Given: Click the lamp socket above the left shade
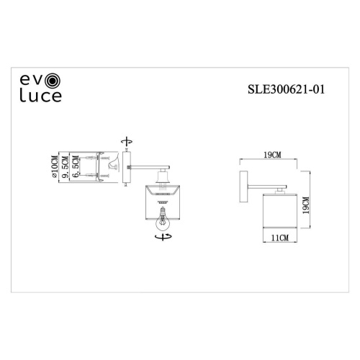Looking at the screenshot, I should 163,179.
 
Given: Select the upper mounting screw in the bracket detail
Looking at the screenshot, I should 90,158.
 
